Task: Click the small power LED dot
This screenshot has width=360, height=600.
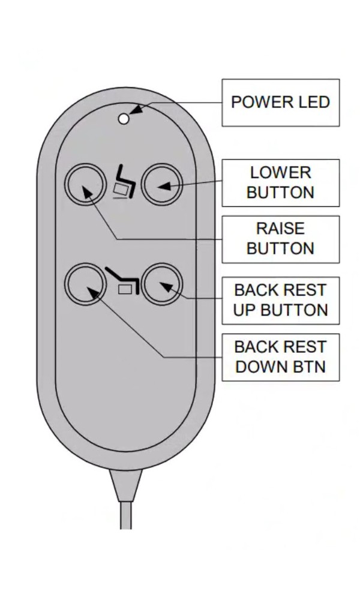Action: (x=124, y=119)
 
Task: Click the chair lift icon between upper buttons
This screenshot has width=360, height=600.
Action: (x=124, y=184)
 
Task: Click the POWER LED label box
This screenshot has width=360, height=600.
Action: (x=280, y=102)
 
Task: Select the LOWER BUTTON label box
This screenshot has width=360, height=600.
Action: (x=280, y=182)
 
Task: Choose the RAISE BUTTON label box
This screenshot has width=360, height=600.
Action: (x=280, y=239)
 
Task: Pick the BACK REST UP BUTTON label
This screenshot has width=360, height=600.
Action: (x=280, y=300)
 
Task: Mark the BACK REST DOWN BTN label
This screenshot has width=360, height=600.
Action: (x=280, y=357)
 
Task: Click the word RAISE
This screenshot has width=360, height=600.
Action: (x=280, y=229)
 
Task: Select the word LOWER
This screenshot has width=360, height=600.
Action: (x=280, y=173)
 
